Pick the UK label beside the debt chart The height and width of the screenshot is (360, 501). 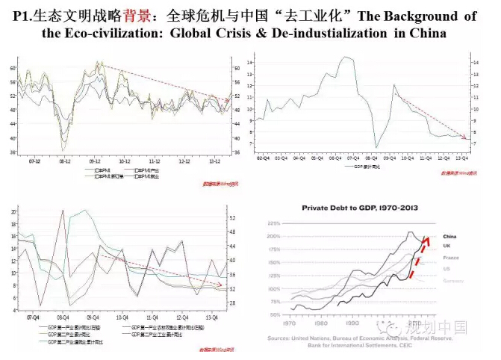[447, 246]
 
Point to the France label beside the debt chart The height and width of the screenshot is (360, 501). [450, 258]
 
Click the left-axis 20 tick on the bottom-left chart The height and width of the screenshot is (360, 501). [13, 212]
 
